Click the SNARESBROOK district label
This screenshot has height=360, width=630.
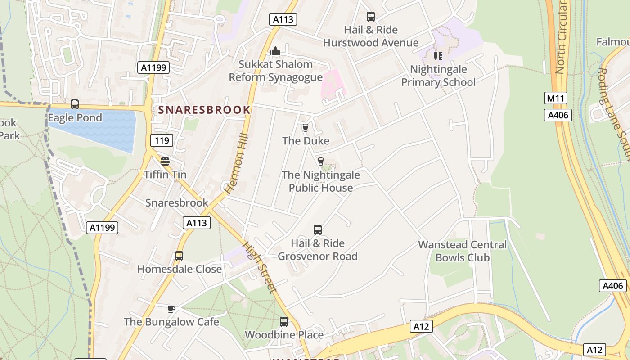(204, 110)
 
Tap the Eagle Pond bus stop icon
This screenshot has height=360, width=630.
(75, 104)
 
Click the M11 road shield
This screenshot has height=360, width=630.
(556, 98)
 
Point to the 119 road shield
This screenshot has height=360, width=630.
(162, 140)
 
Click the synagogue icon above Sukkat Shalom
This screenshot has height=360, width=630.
(275, 51)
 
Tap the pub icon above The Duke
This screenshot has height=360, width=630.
(306, 128)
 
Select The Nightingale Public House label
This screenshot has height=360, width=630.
(320, 181)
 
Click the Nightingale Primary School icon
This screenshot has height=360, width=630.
(438, 56)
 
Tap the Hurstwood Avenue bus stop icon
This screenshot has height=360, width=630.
(370, 17)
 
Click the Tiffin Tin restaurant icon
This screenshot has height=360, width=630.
(165, 162)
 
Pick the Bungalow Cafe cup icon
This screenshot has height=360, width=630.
(171, 309)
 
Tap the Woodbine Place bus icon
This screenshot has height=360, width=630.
(283, 322)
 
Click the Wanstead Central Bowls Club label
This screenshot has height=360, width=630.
(462, 251)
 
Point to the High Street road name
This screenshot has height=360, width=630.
(260, 267)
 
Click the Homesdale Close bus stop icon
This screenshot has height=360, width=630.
(179, 256)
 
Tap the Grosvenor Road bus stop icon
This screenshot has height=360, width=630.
(318, 230)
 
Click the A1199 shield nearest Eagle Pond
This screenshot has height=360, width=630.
(153, 67)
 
